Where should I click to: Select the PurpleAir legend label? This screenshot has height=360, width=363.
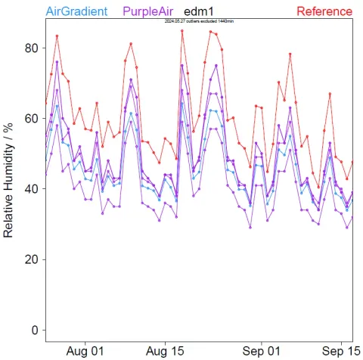click(150, 11)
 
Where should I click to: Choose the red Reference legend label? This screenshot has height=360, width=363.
click(324, 11)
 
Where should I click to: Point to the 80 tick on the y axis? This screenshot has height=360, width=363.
click(32, 48)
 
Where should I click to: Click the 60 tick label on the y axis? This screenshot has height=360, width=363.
click(32, 119)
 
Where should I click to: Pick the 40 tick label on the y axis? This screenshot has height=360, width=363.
click(32, 189)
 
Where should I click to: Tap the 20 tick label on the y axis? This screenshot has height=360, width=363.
click(32, 259)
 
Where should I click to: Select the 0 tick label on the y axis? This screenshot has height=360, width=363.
click(35, 330)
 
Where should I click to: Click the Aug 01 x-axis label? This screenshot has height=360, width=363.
click(85, 351)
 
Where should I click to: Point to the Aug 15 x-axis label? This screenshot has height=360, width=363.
click(165, 351)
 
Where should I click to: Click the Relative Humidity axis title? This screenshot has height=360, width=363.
click(10, 181)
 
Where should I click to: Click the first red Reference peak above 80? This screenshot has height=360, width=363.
click(57, 36)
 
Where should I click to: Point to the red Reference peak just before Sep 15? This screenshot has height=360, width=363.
click(330, 94)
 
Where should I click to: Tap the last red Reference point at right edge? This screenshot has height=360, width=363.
click(352, 163)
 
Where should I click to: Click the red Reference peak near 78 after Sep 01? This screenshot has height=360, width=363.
click(290, 54)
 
